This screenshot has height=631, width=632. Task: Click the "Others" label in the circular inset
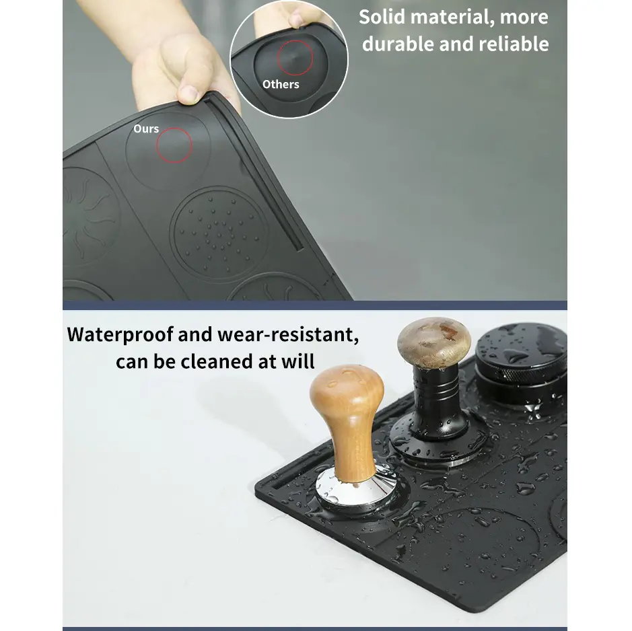click(x=281, y=84)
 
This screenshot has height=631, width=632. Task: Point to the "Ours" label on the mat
click(x=146, y=128)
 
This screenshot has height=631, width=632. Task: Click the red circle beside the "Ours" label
click(x=174, y=145)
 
